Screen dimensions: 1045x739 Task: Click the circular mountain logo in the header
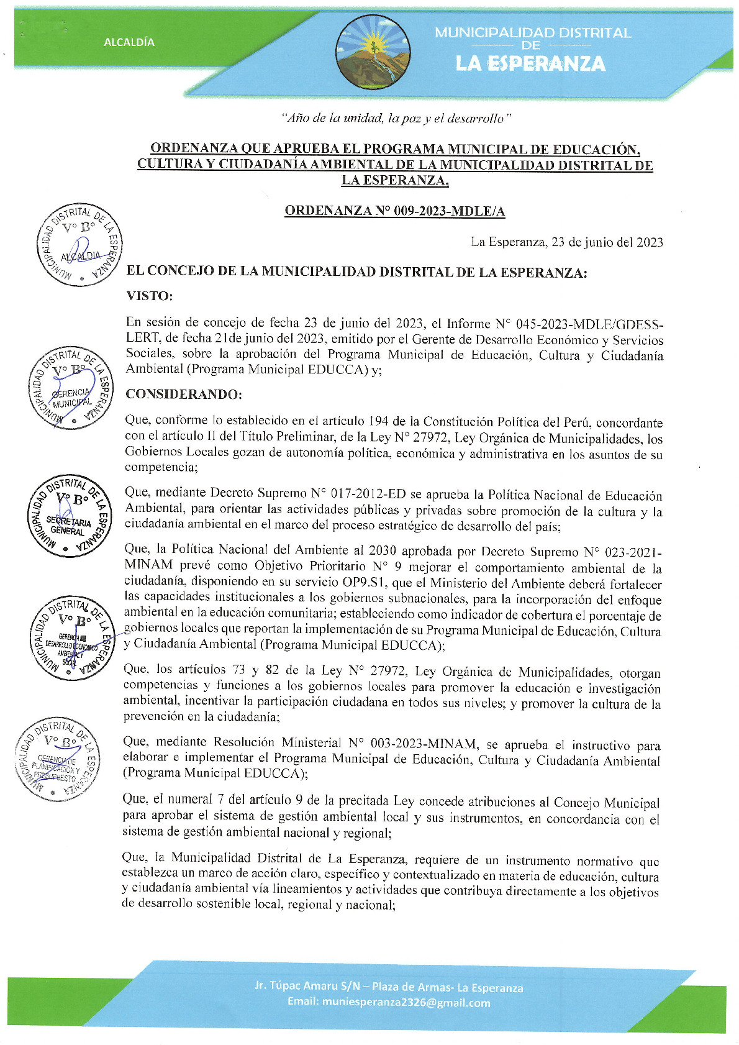coord(373,52)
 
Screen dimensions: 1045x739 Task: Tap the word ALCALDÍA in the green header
coord(129,42)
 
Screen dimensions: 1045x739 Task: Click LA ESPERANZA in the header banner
coord(530,63)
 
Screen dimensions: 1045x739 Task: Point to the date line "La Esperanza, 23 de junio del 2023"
coord(566,242)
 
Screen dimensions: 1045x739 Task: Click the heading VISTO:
coord(149,296)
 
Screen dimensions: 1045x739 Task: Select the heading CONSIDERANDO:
coord(183,395)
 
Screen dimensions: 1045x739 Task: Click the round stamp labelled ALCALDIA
coord(79,245)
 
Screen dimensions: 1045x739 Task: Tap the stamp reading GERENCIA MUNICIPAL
coord(70,388)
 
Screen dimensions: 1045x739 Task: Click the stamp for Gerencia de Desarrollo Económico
coord(69,637)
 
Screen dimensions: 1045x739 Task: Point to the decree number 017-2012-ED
coord(367,494)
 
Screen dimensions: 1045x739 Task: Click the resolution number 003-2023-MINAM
coord(424,743)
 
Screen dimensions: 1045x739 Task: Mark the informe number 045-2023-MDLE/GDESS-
coord(589,324)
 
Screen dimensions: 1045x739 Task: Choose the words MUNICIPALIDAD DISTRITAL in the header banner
coord(532,33)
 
